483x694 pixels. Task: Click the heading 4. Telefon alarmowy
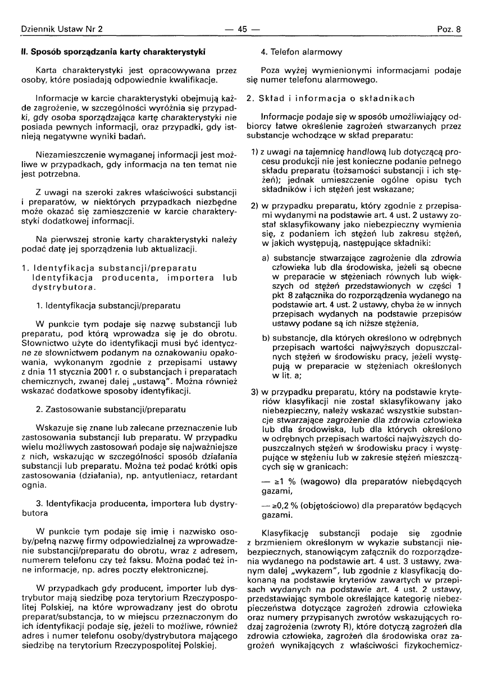[x=302, y=53]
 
